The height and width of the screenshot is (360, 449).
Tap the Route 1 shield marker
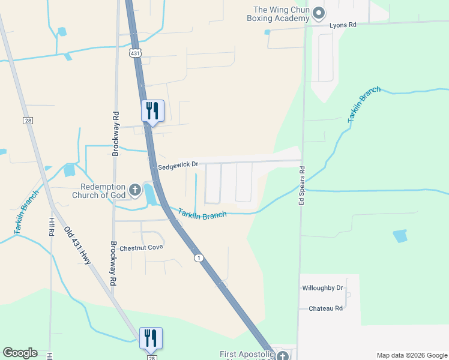coord(198,257)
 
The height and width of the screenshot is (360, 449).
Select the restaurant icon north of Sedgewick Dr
coord(152,111)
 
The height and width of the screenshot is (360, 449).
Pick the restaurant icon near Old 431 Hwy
coord(151,338)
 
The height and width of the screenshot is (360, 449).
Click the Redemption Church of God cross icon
coord(135,191)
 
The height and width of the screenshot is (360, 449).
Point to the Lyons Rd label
coord(343,25)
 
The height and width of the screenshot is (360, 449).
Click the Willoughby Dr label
coord(322,288)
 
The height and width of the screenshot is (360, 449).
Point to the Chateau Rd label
coord(325,308)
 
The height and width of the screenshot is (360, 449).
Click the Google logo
coord(20,353)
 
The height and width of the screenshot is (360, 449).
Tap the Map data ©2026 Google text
coord(411,355)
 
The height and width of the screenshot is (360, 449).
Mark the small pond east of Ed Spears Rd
coord(400,236)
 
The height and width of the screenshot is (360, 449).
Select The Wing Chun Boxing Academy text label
coord(281,14)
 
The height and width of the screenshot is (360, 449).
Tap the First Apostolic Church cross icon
coord(282,355)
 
